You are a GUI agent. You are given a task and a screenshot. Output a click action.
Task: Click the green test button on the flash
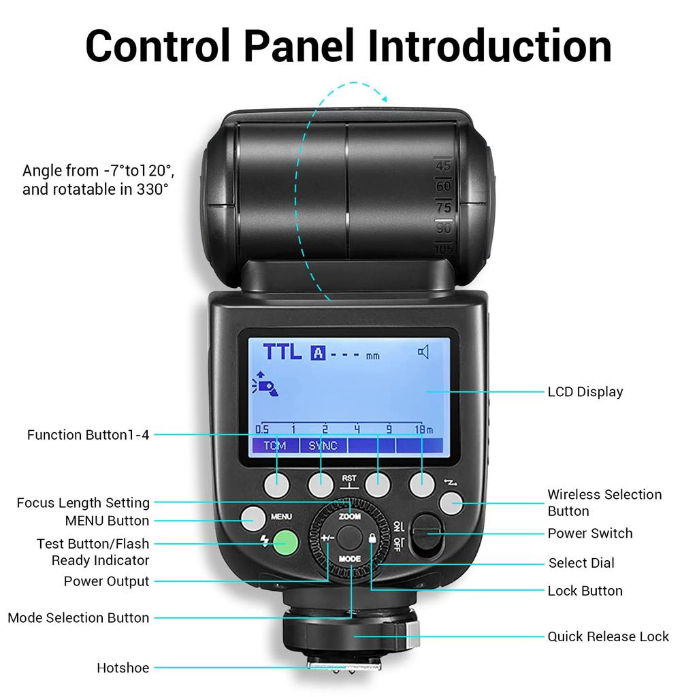click(287, 542)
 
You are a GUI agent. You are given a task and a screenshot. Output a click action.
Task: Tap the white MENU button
click(251, 519)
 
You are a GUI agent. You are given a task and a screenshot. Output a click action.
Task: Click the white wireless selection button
click(450, 504)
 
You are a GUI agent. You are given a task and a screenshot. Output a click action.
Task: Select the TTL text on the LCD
click(282, 352)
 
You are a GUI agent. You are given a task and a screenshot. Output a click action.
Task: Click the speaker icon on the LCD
click(424, 352)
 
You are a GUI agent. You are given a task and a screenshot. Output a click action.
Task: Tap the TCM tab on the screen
click(275, 446)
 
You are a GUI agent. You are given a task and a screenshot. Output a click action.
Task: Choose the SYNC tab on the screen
click(323, 446)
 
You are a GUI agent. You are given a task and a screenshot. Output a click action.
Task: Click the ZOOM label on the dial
click(350, 517)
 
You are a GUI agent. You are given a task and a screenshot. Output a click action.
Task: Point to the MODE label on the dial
click(350, 558)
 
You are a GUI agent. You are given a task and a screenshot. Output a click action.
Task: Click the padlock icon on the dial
click(372, 538)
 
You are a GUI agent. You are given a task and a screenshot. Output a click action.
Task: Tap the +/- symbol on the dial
click(328, 538)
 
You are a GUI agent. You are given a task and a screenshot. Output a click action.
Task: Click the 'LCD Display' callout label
click(585, 391)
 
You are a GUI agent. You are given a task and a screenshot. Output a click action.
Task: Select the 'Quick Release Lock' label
click(608, 636)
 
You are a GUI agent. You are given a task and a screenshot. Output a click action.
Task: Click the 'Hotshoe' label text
click(123, 668)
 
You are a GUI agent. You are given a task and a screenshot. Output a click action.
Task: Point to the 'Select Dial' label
click(581, 563)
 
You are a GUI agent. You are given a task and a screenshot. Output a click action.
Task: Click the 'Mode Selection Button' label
click(78, 618)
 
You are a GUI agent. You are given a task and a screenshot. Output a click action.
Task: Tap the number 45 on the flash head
click(443, 165)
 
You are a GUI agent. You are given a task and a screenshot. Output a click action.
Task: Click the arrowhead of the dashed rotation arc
click(383, 99)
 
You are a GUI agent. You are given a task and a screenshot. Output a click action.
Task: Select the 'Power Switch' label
click(589, 533)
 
